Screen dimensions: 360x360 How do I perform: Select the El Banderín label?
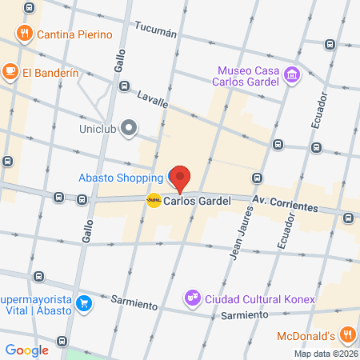[50, 72]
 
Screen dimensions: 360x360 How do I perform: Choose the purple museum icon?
[293, 75]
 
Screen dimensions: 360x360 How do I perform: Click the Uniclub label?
[99, 127]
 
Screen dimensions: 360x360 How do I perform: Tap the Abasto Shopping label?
[119, 178]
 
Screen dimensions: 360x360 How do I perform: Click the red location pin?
[182, 178]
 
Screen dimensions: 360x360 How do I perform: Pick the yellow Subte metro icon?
[154, 201]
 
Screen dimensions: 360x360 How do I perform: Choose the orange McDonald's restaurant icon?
[347, 334]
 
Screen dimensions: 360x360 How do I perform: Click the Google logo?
[26, 350]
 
